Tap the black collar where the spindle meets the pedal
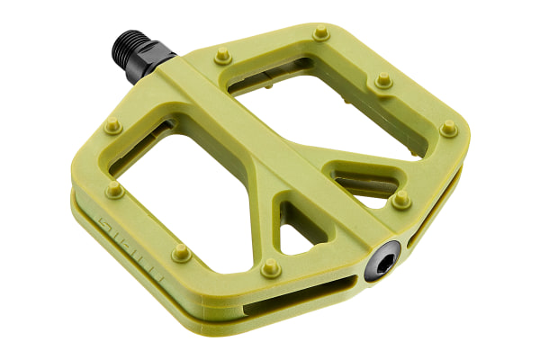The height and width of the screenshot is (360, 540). point(159,60)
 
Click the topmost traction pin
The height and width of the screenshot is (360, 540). point(321,33)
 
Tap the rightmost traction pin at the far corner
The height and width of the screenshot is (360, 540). point(448,129)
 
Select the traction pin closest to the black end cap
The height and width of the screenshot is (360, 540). point(401,199)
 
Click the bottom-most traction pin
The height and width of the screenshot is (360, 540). point(270,267)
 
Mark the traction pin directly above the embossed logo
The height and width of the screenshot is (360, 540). point(113,190)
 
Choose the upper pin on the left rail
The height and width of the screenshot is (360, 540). point(112,126)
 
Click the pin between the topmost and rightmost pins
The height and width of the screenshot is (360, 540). point(383,80)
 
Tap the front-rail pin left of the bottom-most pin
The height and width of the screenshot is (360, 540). point(181,252)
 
